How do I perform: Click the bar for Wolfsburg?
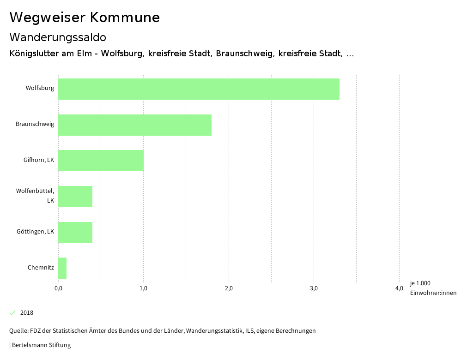(x=199, y=89)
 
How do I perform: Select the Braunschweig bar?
(x=135, y=125)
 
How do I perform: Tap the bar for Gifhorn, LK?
(x=101, y=161)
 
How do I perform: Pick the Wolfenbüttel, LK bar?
(x=75, y=197)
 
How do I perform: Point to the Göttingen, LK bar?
(x=75, y=233)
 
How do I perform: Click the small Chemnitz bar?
(x=62, y=268)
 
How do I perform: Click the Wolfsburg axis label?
(x=40, y=88)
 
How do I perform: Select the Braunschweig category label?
(x=35, y=124)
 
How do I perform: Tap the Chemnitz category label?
(x=41, y=268)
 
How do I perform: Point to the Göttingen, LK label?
(x=35, y=232)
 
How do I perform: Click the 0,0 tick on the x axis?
(x=58, y=289)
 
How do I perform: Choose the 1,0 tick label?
(x=143, y=289)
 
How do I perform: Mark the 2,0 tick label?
(x=229, y=289)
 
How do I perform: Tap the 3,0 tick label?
(x=314, y=289)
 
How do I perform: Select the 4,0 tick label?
(x=399, y=289)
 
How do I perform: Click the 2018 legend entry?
(x=27, y=313)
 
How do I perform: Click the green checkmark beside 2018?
(x=12, y=313)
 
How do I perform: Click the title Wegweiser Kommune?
(x=85, y=18)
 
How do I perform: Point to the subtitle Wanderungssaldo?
(x=58, y=37)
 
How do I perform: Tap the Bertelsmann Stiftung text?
(x=41, y=345)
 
